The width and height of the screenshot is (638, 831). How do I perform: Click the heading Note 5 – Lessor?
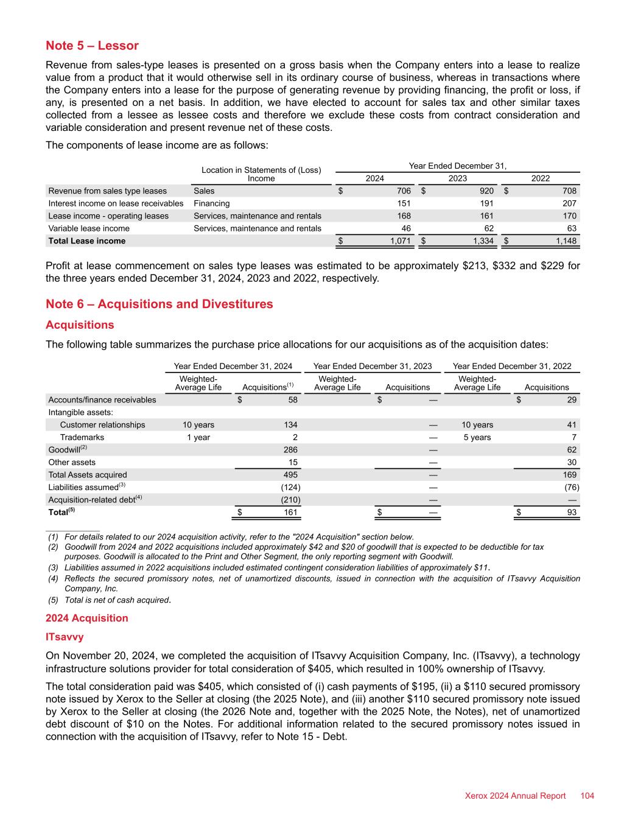[x=92, y=46]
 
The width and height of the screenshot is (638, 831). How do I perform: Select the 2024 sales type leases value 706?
[x=402, y=191]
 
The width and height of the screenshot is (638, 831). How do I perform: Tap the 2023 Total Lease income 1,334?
[x=481, y=241]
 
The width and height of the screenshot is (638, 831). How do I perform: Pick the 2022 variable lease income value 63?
[x=570, y=228]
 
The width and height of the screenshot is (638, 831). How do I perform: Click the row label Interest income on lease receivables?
[x=116, y=203]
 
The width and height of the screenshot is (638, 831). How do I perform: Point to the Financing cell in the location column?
[x=211, y=203]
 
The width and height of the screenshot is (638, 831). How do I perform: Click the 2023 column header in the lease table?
[x=457, y=178]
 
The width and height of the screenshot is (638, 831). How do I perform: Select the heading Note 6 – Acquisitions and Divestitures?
[x=159, y=304]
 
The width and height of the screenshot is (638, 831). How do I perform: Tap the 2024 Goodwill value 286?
[x=290, y=450]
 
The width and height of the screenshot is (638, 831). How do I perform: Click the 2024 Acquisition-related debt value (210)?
[x=289, y=500]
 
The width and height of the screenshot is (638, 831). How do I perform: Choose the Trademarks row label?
[x=82, y=437]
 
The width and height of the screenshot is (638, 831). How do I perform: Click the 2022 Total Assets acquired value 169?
[x=570, y=475]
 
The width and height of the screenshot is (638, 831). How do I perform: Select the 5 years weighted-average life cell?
[x=477, y=437]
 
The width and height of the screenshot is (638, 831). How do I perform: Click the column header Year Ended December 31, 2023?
[x=373, y=366]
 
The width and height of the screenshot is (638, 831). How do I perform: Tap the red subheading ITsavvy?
[x=65, y=637]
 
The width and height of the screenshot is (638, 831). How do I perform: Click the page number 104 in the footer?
[x=587, y=796]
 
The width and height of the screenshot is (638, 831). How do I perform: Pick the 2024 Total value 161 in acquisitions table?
[x=290, y=513]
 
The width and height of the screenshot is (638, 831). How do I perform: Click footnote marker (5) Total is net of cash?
[x=53, y=600]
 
